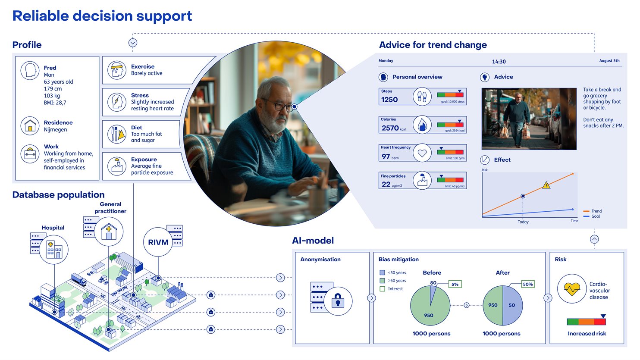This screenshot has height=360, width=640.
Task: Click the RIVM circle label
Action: coord(158,242)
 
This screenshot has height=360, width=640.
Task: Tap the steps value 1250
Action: coord(389,100)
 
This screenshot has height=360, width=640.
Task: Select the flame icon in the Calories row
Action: coord(422,125)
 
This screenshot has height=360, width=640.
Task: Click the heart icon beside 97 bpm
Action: coord(422,153)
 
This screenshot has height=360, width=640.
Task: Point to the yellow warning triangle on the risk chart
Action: coord(546,185)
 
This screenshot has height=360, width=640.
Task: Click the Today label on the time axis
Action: coord(523,222)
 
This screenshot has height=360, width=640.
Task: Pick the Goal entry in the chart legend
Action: coord(595,216)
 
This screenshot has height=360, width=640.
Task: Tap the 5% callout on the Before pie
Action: coord(455,284)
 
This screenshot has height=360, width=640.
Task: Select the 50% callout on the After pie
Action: coord(527,284)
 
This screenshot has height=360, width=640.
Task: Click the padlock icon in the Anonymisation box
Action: coord(338,301)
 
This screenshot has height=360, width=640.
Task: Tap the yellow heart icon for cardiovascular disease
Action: coord(572,289)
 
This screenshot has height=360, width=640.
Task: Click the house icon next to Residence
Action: coord(30,126)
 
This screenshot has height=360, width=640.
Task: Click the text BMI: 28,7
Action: coord(55,103)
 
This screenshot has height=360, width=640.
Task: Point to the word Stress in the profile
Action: coord(140,95)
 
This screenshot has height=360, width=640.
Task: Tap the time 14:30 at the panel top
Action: coord(499,62)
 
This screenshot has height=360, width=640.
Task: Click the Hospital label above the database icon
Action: coord(53,228)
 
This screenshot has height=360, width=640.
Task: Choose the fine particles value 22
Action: coord(386,185)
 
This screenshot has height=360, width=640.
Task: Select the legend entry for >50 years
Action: coord(396,281)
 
